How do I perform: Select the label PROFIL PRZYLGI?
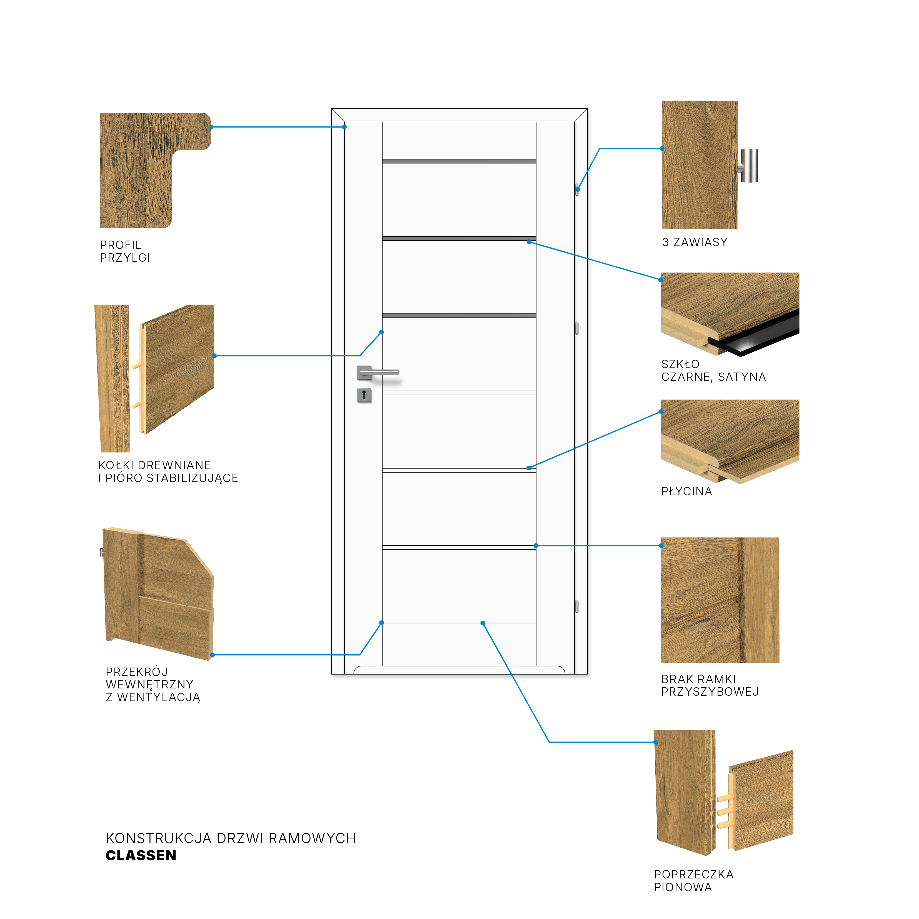pos(125,251)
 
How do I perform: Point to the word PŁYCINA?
pos(686,491)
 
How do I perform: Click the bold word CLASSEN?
pos(141,855)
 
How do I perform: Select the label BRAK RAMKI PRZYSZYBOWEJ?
pos(710,685)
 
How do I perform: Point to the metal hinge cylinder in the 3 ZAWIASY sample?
pos(748,166)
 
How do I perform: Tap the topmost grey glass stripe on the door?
pos(459,161)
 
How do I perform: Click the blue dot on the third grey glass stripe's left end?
pos(381,332)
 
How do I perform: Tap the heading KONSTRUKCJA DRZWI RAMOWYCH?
pos(231,838)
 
